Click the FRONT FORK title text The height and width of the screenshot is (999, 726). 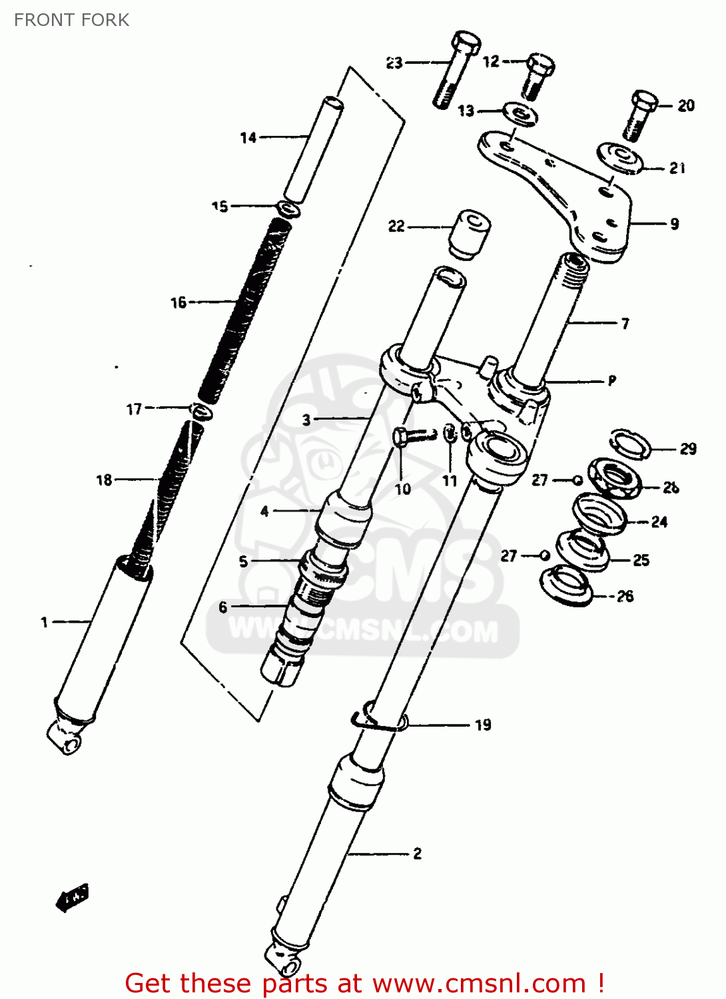pyautogui.click(x=71, y=20)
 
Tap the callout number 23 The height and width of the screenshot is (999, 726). pyautogui.click(x=394, y=63)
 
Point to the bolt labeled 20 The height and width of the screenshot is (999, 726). pyautogui.click(x=639, y=115)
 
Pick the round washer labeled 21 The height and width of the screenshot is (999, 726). pyautogui.click(x=620, y=159)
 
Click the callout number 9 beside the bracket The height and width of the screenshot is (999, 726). pyautogui.click(x=674, y=224)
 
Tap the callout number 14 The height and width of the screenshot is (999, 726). pyautogui.click(x=248, y=138)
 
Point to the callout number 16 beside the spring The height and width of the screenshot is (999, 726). pyautogui.click(x=179, y=302)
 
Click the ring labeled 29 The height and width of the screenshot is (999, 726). pyautogui.click(x=630, y=444)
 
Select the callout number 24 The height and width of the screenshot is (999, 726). pyautogui.click(x=659, y=521)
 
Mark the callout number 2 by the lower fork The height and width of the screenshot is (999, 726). pyautogui.click(x=417, y=853)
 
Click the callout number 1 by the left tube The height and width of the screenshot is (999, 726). pyautogui.click(x=45, y=622)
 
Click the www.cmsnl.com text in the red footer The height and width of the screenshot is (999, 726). pyautogui.click(x=478, y=983)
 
